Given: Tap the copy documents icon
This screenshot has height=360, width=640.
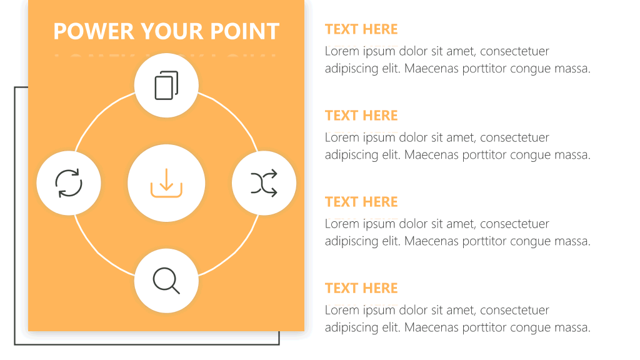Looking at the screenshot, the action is tap(166, 85).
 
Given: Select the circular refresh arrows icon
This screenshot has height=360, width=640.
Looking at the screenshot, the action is tap(69, 183).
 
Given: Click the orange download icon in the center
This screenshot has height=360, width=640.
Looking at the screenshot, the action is tap(166, 183).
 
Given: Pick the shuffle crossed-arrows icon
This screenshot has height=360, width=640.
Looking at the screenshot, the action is tap(264, 183).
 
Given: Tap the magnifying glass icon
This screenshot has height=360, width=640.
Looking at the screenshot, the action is tap(166, 281).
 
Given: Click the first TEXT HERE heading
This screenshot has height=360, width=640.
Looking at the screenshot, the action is tap(361, 29).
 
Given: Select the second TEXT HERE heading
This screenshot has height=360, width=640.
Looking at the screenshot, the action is tap(361, 116).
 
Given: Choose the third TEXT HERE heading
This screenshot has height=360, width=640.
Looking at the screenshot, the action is tap(361, 202).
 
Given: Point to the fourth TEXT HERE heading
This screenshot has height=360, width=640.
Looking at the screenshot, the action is tap(361, 288).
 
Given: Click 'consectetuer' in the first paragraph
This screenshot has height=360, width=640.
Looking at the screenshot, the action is tap(515, 51).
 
